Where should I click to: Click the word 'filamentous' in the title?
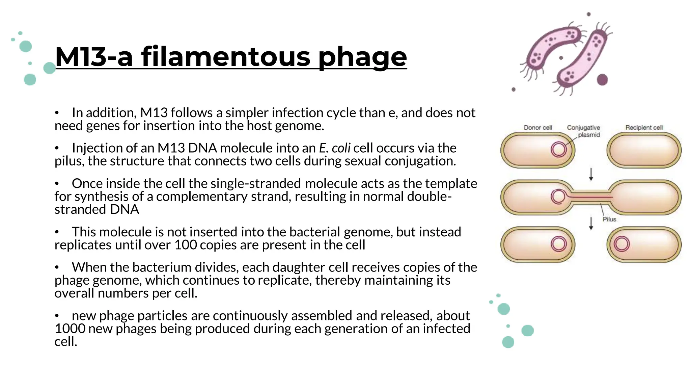226,57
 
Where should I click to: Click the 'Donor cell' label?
537,128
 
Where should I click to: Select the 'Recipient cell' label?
644,128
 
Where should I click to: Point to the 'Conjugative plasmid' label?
583,131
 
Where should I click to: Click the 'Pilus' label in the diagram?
609,219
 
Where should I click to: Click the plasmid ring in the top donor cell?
558,150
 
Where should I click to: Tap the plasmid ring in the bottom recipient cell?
621,244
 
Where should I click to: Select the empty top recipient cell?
644,150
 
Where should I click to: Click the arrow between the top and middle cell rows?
591,174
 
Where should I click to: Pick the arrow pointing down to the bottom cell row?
591,223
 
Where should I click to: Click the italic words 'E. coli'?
334,148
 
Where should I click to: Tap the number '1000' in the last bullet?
70,329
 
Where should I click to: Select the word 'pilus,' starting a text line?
69,161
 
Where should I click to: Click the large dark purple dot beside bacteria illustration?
602,80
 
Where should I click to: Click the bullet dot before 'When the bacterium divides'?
57,267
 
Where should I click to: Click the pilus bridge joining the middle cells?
591,197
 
